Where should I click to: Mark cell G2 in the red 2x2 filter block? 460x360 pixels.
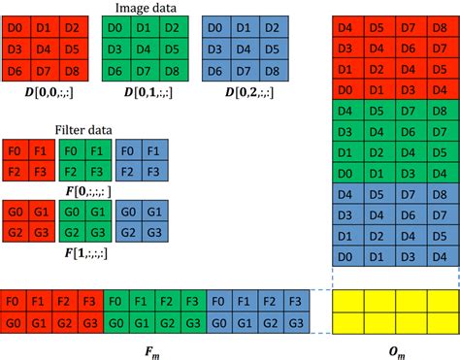pyautogui.click(x=15, y=232)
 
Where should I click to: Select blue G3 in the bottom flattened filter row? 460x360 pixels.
pyautogui.click(x=298, y=323)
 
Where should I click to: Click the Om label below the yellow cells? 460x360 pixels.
pyautogui.click(x=395, y=349)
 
